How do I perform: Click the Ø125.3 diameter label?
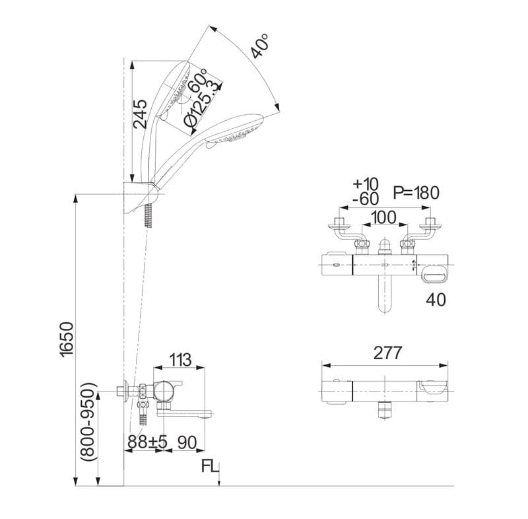(201, 104)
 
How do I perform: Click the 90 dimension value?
(188, 442)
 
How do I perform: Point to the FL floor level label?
(211, 467)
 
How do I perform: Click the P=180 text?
(416, 193)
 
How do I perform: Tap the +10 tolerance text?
(366, 184)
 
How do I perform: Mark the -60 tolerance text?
(366, 199)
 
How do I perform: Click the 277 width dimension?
(387, 353)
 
